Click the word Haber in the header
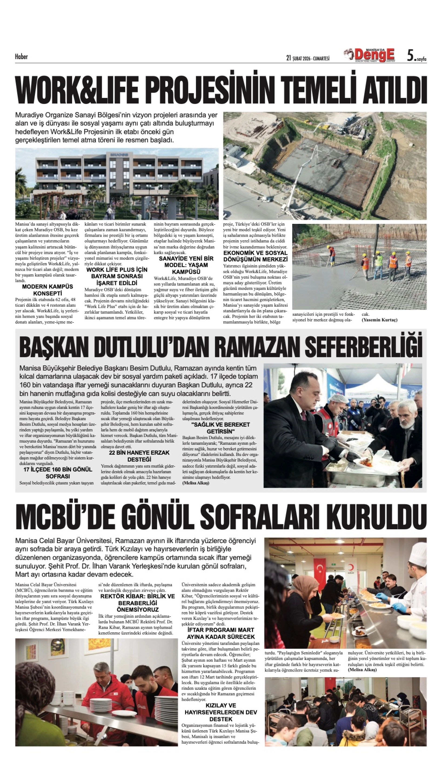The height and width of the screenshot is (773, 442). (x=21, y=57)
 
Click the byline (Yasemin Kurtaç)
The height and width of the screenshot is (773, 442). (x=379, y=320)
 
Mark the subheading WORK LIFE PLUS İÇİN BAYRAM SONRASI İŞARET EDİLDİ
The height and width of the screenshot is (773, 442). (x=117, y=276)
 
